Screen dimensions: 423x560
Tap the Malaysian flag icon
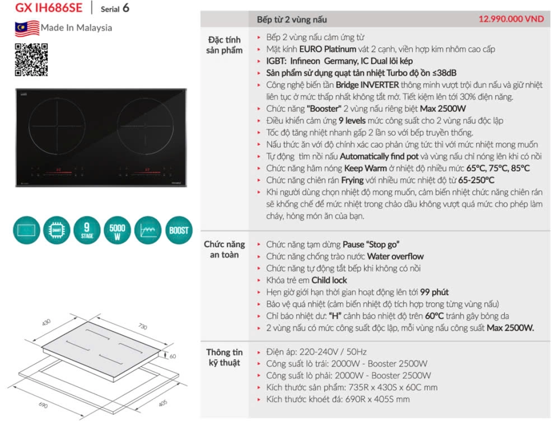coord(27,28)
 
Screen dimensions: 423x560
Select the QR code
coord(31,59)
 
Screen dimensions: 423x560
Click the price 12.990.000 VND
coord(511,18)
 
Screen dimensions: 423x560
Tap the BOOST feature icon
coord(178,230)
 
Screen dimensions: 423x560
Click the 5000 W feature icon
coord(117,230)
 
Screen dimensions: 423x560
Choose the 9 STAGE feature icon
coord(87,230)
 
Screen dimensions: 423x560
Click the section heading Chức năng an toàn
coord(224,250)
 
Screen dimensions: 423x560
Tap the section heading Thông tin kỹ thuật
coord(224,357)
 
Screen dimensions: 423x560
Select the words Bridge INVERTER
coord(367,84)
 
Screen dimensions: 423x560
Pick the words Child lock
coord(329,280)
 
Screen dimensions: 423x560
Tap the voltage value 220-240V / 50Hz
coord(334,351)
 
